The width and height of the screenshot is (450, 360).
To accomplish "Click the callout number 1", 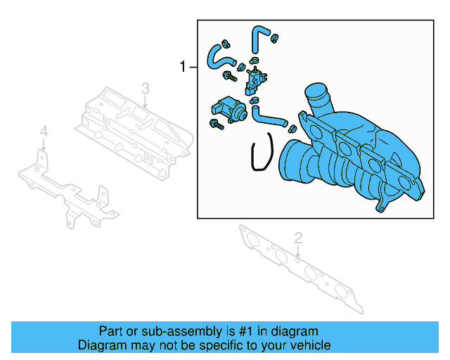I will (x=184, y=67).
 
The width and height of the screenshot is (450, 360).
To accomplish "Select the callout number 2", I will (x=297, y=238).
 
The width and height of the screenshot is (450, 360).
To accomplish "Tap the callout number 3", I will (x=145, y=88).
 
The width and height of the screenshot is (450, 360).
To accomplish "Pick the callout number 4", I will (x=44, y=131).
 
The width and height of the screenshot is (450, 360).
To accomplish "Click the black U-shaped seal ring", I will (x=262, y=154).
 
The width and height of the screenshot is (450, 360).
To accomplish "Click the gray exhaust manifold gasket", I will (x=302, y=271).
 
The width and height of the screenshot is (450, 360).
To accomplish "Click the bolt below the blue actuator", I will (x=215, y=126).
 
